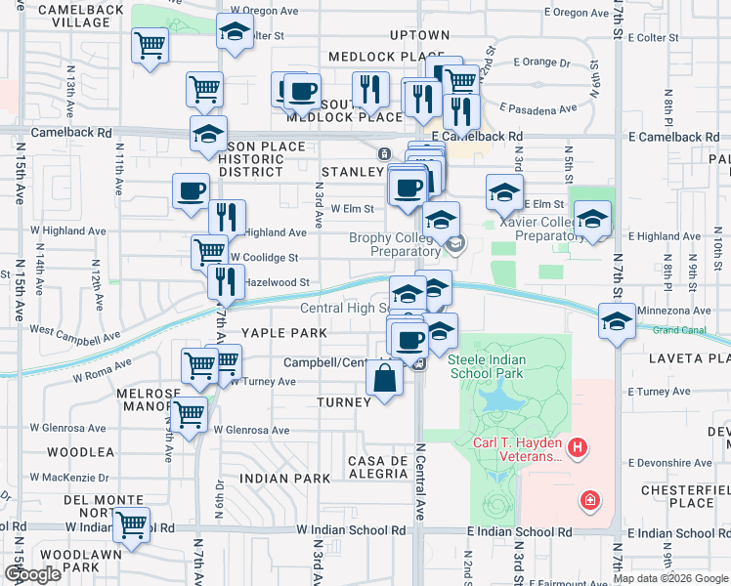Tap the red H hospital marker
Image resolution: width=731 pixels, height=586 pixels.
pos(579,448)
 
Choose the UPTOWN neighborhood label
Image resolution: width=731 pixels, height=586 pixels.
pos(419,35)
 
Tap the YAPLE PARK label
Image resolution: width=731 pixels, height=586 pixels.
pos(284,333)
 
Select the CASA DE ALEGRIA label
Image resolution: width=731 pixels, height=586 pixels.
pos(378,466)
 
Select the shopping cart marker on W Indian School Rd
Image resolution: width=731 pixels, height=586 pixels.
pos(131,524)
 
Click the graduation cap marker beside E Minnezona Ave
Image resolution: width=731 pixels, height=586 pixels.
pos(617,321)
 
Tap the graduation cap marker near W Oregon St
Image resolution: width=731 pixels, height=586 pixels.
pos(236,35)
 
